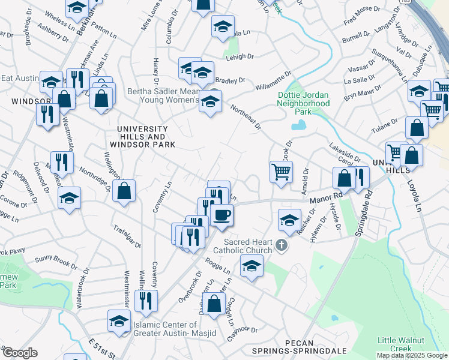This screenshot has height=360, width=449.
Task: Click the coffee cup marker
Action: (221, 215)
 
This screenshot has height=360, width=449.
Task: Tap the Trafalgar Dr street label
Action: (127, 236)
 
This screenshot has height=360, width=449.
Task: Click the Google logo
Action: (20, 353)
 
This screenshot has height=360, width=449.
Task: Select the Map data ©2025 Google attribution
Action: (412, 355)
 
